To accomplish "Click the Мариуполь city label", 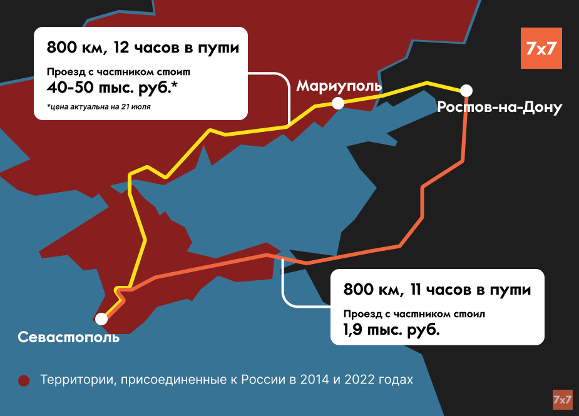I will coord(339,86).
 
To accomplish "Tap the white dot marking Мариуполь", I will coord(338,104).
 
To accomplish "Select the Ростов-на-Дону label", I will coord(500,108).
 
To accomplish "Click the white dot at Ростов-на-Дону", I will coord(466,89).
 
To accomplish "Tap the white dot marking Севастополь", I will coord(101,319).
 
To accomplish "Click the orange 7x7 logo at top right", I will coord(541,48).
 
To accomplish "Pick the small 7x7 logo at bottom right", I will coord(563,399).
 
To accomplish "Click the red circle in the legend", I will coord(24,381).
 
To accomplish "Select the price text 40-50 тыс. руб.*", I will coord(112,88).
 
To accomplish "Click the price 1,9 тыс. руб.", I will coord(391,329).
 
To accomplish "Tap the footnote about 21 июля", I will coord(98,106).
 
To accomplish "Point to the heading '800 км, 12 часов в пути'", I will coord(143,48).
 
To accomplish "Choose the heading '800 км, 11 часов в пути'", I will coord(437,290).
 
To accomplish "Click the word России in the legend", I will coord(266,380).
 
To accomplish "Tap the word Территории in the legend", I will coord(76,380).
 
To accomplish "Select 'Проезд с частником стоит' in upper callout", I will coord(118,71).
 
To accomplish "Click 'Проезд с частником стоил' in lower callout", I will coord(414,313).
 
